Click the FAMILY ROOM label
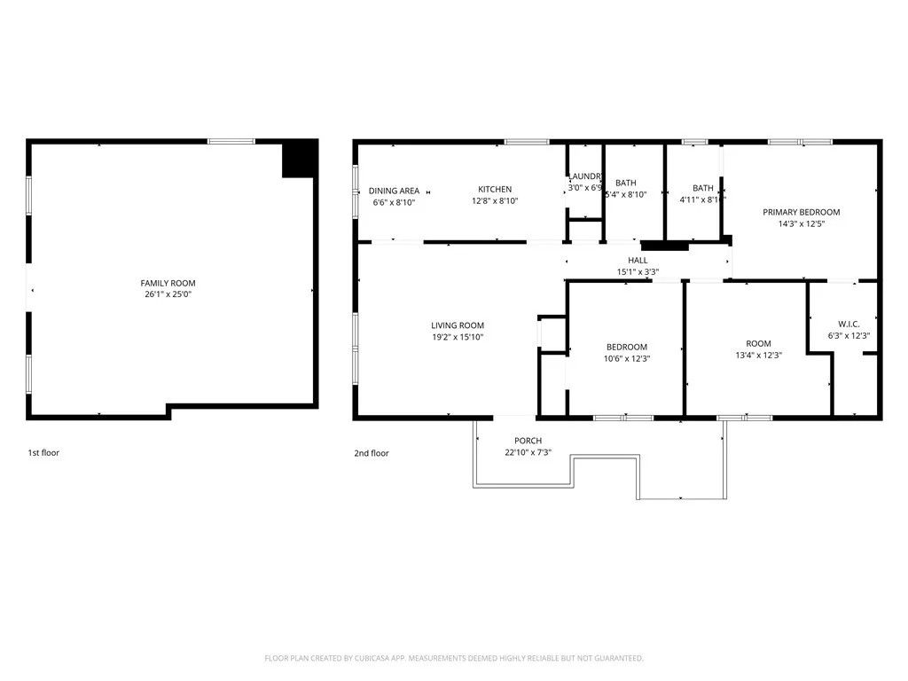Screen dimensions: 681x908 171,283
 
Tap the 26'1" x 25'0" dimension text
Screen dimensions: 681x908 171,294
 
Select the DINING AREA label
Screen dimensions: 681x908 394,191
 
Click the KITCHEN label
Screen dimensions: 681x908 495,190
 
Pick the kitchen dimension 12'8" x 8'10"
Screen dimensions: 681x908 495,201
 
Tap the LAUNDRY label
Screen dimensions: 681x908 585,176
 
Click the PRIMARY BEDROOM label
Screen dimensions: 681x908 802,213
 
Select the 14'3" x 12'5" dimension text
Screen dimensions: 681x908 802,224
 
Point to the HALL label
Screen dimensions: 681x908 638,260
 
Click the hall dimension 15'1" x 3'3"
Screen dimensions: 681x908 638,272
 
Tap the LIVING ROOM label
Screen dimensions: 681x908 458,325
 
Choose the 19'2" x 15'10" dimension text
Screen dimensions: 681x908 458,337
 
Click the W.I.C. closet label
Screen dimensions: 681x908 849,324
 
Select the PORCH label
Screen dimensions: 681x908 528,441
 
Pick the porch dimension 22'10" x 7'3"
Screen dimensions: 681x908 528,453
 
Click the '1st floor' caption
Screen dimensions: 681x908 43,453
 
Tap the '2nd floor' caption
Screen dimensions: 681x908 371,453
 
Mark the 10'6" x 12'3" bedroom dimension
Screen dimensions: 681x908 626,358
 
